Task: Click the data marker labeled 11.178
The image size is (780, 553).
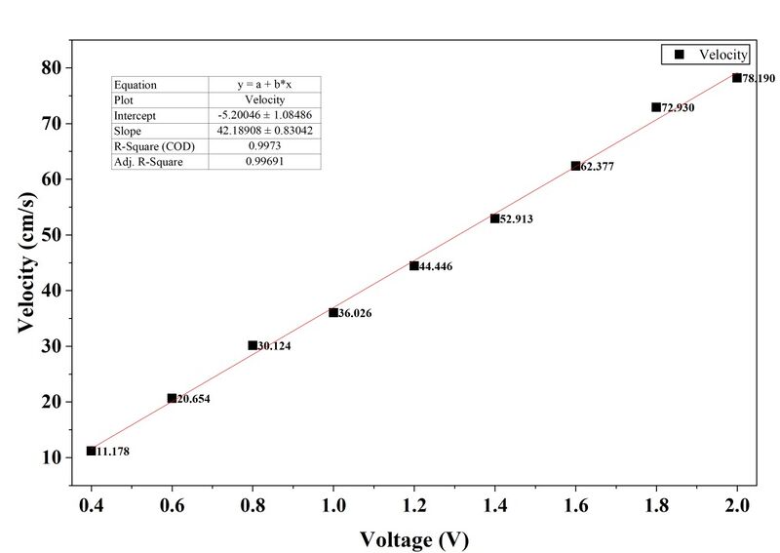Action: pos(91,451)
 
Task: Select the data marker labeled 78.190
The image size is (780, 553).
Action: pos(737,77)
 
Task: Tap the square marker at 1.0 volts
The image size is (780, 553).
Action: pos(333,312)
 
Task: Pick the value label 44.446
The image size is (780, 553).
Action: pos(436,266)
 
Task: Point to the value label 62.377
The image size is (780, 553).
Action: pos(598,167)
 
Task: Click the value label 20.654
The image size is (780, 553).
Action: pos(193,399)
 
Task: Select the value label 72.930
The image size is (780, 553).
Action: pos(678,107)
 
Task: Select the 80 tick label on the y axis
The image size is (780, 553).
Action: pos(51,68)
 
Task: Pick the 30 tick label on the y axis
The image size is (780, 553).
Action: pos(51,346)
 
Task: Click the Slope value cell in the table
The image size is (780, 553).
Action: pos(264,131)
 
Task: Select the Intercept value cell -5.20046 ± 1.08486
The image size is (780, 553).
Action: pos(264,115)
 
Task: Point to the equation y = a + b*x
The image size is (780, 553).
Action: pos(264,85)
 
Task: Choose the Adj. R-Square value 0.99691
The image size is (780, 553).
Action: pos(264,161)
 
